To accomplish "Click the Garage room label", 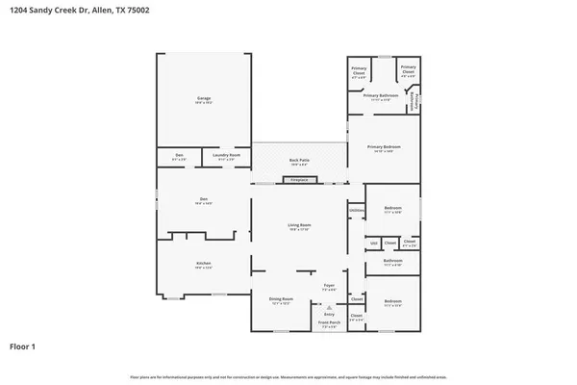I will point(204,98).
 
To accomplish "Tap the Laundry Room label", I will point(227,155).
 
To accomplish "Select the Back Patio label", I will point(299,161).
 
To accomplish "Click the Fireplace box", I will point(299,180).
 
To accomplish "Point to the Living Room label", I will point(299,226).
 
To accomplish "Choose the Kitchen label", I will point(204,264).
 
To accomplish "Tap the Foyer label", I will point(328,286).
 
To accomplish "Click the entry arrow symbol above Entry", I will point(328,306).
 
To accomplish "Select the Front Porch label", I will point(328,325).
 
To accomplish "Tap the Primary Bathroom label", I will point(381,96).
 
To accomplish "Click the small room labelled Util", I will point(374,243).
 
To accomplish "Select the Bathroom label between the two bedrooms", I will point(392,261).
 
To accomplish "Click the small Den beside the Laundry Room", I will point(179,155).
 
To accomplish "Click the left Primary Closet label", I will point(359,69).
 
